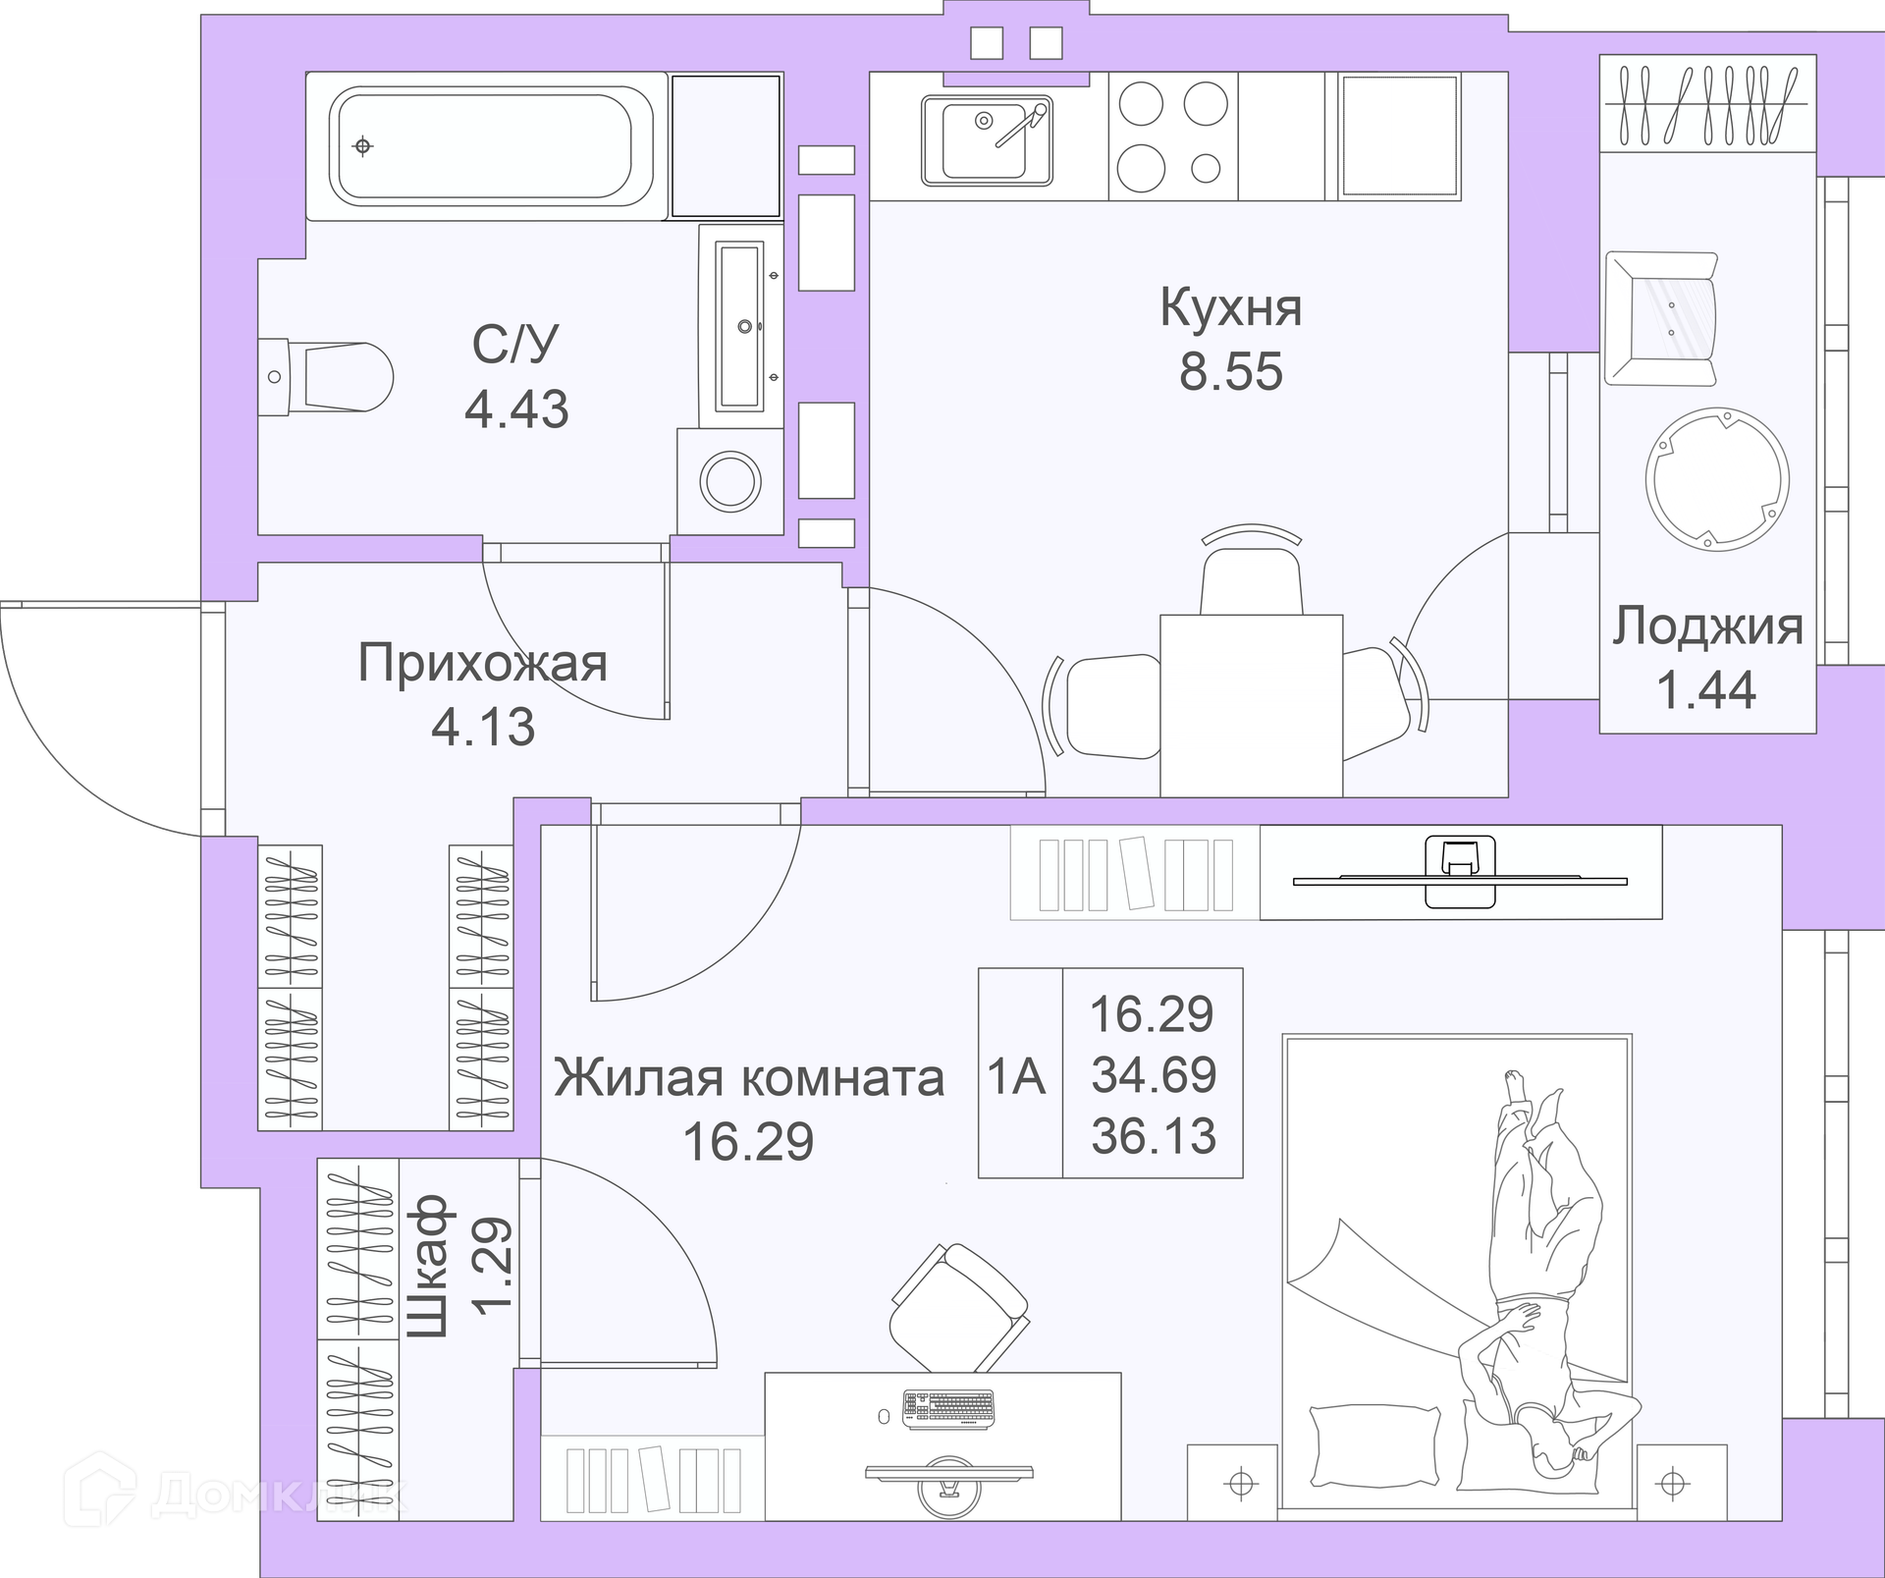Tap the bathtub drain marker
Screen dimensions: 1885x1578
[x=363, y=146]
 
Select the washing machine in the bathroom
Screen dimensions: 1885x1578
[x=729, y=481]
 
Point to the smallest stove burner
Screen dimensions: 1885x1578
[x=1206, y=169]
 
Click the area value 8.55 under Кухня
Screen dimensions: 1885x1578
[x=1230, y=372]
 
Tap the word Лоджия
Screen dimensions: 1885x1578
[x=1707, y=626]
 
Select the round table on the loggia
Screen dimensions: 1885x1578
[x=1717, y=479]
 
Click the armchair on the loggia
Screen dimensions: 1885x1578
[x=1661, y=318]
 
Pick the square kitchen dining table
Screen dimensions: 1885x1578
[x=1251, y=705]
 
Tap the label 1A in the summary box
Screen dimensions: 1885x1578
[x=1016, y=1077]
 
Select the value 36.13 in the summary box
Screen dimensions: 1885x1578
[x=1154, y=1136]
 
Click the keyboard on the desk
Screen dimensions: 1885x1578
[x=948, y=1408]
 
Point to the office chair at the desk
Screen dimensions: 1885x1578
[x=959, y=1307]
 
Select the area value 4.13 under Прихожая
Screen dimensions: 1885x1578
[x=483, y=727]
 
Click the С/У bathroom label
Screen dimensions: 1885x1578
[x=515, y=344]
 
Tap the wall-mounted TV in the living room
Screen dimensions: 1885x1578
[x=1460, y=872]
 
